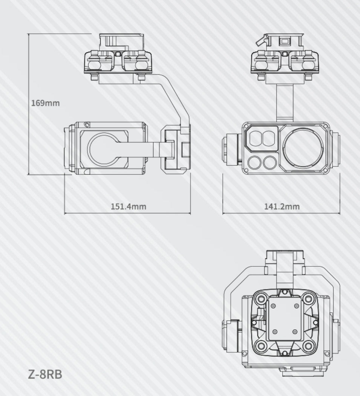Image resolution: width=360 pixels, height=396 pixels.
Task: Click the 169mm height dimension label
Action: click(45, 103)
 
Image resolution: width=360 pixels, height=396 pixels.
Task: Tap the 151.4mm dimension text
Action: click(128, 206)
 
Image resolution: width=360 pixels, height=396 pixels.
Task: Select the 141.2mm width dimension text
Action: click(282, 206)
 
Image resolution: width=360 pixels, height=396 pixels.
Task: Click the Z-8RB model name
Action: click(45, 375)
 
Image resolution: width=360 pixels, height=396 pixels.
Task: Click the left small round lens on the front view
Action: click(255, 163)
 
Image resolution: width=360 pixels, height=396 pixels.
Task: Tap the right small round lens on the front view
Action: click(270, 163)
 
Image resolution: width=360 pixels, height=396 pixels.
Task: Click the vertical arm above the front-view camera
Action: click(285, 102)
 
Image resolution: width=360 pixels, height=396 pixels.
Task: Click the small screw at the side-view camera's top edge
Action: click(87, 124)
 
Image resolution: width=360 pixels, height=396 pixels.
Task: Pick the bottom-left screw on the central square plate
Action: click(274, 332)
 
